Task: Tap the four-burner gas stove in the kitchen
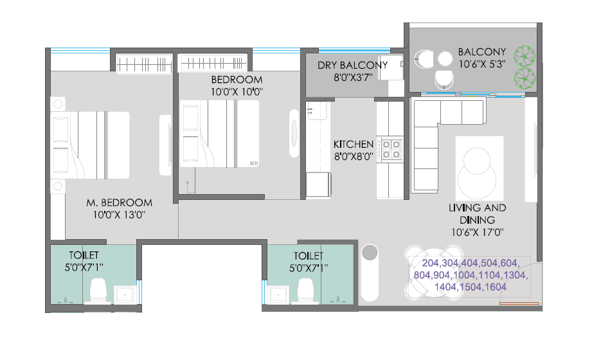click(x=391, y=149)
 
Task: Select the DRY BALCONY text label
click(x=353, y=65)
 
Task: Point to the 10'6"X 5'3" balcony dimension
click(x=481, y=64)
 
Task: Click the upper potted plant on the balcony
click(x=526, y=57)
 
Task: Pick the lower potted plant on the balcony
click(x=526, y=78)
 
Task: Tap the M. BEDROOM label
click(x=119, y=203)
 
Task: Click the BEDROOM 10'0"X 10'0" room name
click(x=237, y=80)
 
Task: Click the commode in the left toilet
click(x=98, y=291)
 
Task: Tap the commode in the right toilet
click(x=305, y=291)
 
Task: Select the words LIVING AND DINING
click(x=478, y=213)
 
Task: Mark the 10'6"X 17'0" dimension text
click(x=478, y=232)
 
